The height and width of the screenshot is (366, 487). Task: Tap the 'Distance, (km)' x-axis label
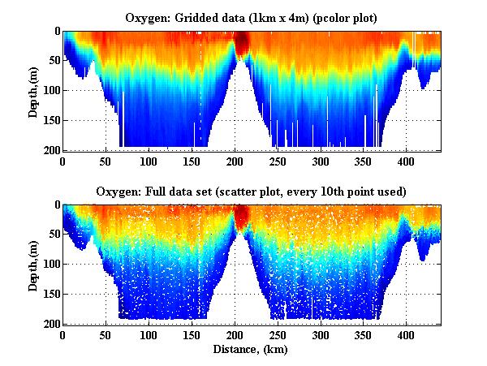(252, 350)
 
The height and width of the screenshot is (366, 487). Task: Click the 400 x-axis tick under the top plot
(337, 161)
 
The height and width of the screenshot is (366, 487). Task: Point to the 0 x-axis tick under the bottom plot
(62, 334)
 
